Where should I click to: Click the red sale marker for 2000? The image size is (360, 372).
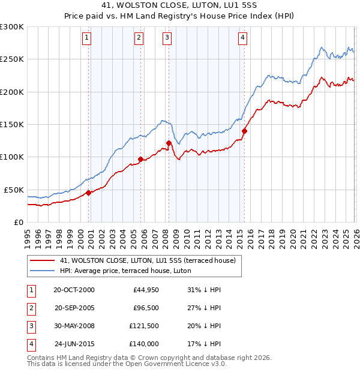88,193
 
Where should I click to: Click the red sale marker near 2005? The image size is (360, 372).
140,159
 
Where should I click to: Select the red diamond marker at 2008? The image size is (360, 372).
169,143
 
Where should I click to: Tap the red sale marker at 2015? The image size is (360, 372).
244,131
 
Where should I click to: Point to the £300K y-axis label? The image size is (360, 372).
12,27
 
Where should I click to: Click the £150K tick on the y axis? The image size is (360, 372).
12,124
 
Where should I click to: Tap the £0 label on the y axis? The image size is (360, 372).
18,222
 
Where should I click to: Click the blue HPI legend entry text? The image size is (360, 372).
125,271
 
